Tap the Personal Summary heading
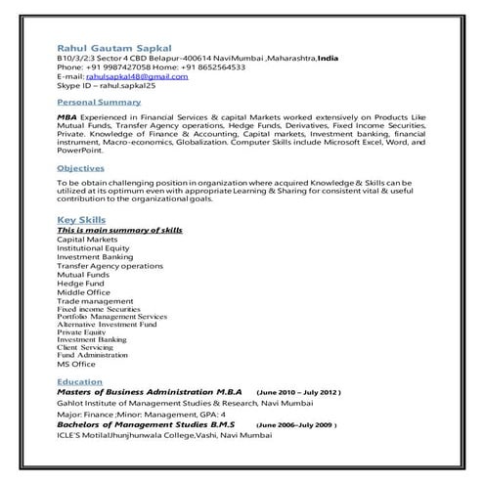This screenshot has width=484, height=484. point(99,102)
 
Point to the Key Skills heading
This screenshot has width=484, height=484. point(81,220)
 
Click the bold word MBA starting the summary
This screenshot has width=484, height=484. point(67,115)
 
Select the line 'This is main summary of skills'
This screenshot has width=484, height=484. point(119,230)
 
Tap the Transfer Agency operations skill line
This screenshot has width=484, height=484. point(110,265)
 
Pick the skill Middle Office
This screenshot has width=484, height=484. point(83,291)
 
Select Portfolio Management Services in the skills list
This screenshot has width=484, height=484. point(111,317)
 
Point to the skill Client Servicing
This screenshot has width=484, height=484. point(86,346)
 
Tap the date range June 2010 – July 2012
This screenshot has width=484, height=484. point(297,390)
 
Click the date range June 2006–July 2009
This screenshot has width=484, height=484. point(296,425)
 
